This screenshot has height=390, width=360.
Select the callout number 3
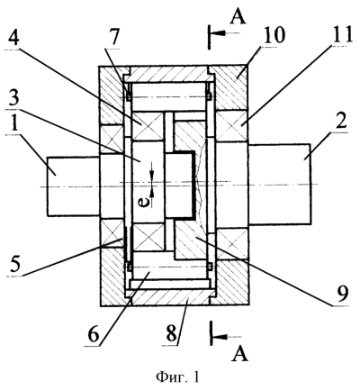pos(13,95)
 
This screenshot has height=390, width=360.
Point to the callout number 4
pos(13,38)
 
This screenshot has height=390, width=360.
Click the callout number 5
pos(15,264)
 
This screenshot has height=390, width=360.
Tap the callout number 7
pos(114,38)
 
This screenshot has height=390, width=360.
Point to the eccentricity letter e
pos(145,204)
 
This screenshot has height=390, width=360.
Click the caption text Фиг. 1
pos(177,376)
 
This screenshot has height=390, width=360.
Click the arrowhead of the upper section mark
pos(219,33)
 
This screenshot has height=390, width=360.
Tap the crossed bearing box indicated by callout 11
pos(232,126)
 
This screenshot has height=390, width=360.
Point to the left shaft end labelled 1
pos(73,186)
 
